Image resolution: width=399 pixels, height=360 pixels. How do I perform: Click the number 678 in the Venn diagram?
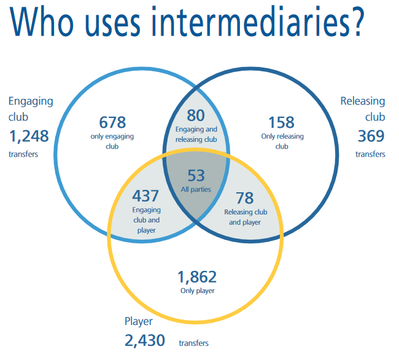(112, 122)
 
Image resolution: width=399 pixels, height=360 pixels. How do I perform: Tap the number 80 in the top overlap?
(196, 115)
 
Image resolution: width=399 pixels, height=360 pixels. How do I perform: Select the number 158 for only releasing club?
(281, 122)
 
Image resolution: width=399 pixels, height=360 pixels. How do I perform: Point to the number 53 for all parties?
(196, 176)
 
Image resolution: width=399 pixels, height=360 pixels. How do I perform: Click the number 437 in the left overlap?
(145, 196)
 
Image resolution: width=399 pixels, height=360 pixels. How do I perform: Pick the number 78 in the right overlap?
(245, 198)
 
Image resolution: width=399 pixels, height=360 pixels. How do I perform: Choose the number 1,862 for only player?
(197, 277)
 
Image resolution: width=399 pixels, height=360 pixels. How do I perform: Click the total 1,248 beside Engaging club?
(29, 136)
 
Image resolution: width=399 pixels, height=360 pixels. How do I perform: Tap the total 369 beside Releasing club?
(371, 136)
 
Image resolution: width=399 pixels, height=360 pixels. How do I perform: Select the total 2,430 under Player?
(145, 341)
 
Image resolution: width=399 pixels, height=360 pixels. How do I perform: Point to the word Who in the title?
(42, 22)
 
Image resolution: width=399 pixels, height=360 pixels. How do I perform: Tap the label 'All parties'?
(196, 189)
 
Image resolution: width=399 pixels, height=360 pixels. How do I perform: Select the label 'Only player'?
(198, 291)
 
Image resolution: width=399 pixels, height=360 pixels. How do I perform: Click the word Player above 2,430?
(139, 321)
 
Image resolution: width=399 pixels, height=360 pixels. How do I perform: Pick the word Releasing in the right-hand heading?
(363, 101)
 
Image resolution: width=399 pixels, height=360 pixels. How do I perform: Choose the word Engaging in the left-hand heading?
(31, 101)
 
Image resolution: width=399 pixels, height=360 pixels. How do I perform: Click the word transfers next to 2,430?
(193, 343)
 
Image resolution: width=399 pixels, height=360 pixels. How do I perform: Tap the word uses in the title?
(112, 24)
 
